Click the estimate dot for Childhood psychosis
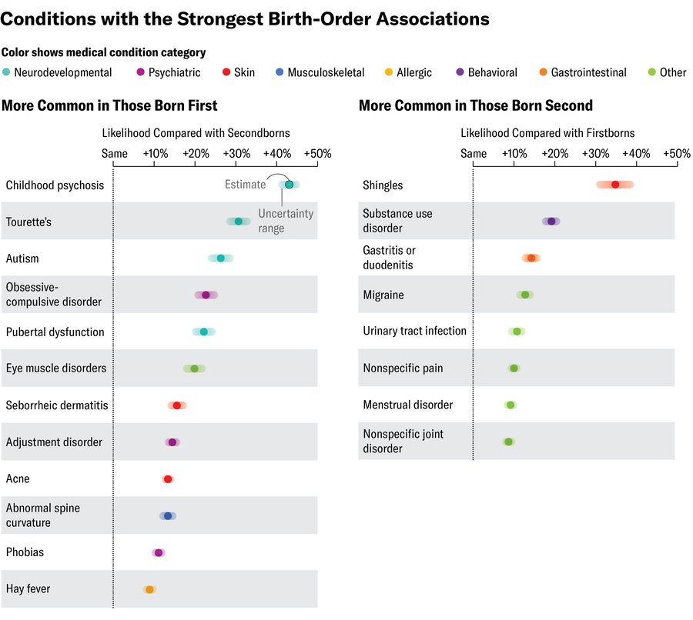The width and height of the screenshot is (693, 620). pos(289,185)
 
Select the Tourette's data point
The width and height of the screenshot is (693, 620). pos(238,222)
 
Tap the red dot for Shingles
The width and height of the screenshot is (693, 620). pos(614,185)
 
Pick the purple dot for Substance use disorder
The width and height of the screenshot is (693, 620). pos(551,222)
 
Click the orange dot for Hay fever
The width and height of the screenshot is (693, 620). pos(149,589)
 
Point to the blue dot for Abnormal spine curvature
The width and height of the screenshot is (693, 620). pos(167,516)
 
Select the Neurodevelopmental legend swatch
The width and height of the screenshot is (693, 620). pos(7,72)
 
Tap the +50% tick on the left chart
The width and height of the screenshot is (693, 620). pos(317,154)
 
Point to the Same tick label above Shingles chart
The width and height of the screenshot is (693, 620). pos(474,154)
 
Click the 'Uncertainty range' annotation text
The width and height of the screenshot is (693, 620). pos(286,221)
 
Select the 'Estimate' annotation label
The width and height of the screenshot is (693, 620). pos(245,185)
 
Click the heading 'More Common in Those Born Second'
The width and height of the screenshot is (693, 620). pos(475,105)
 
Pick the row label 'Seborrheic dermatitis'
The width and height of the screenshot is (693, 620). pos(57,405)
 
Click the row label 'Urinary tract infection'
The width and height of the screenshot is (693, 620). pos(414,332)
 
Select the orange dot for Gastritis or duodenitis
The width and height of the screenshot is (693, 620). pos(531,258)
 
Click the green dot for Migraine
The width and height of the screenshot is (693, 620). pos(525,295)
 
